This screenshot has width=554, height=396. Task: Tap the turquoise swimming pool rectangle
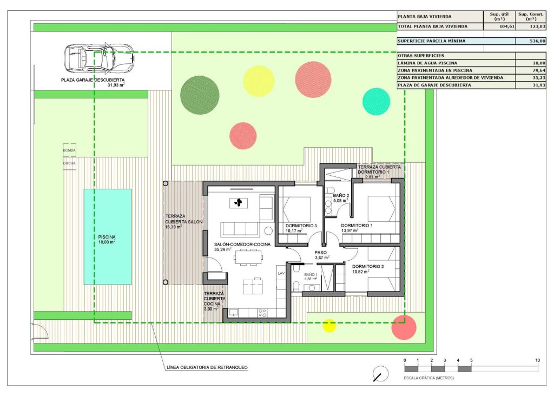coord(108,236)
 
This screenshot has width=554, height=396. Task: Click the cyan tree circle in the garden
coord(376,101)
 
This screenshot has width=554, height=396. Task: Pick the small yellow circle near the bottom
coord(329,325)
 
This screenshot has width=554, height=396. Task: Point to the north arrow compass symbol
coord(381,373)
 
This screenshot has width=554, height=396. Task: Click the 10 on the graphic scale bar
coord(537,360)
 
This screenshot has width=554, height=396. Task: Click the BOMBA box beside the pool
coord(69,150)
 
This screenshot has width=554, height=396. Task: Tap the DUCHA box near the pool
coord(69,163)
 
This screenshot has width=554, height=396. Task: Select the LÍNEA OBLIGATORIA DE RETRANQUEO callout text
coord(207,367)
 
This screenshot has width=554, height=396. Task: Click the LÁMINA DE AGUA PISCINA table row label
coord(427,63)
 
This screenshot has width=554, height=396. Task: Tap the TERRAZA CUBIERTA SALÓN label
coord(182,221)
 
